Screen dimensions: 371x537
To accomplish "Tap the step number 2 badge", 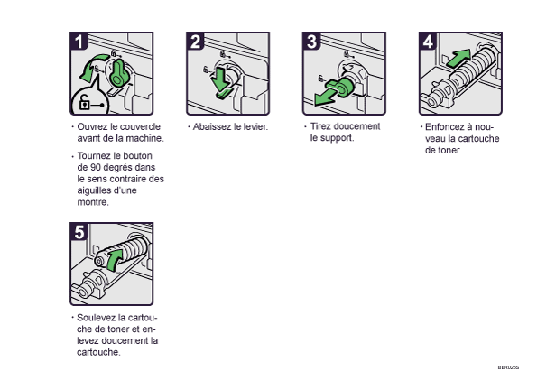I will tap(196, 42).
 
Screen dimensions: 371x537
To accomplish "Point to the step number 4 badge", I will tap(428, 42).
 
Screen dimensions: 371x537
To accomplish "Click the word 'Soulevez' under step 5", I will tap(97, 318).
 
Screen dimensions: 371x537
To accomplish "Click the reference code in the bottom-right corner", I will tap(508, 366).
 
